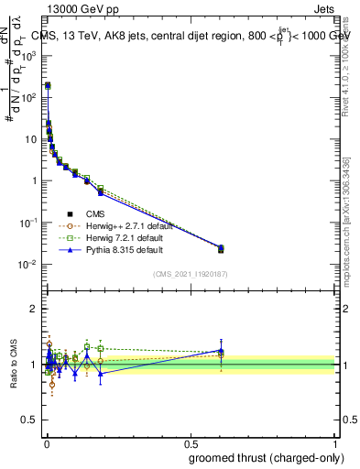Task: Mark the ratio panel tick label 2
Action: click(36, 309)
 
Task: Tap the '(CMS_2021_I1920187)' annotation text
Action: click(191, 273)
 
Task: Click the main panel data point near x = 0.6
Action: click(221, 248)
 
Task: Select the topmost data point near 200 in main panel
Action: click(48, 85)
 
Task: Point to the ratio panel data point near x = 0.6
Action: click(221, 351)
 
